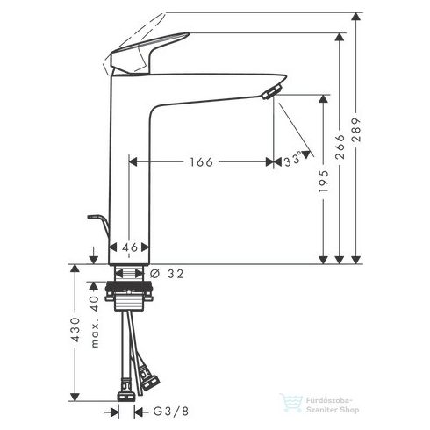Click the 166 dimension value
[202, 161]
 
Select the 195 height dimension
[324, 182]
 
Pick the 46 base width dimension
[131, 248]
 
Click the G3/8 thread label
[161, 411]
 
